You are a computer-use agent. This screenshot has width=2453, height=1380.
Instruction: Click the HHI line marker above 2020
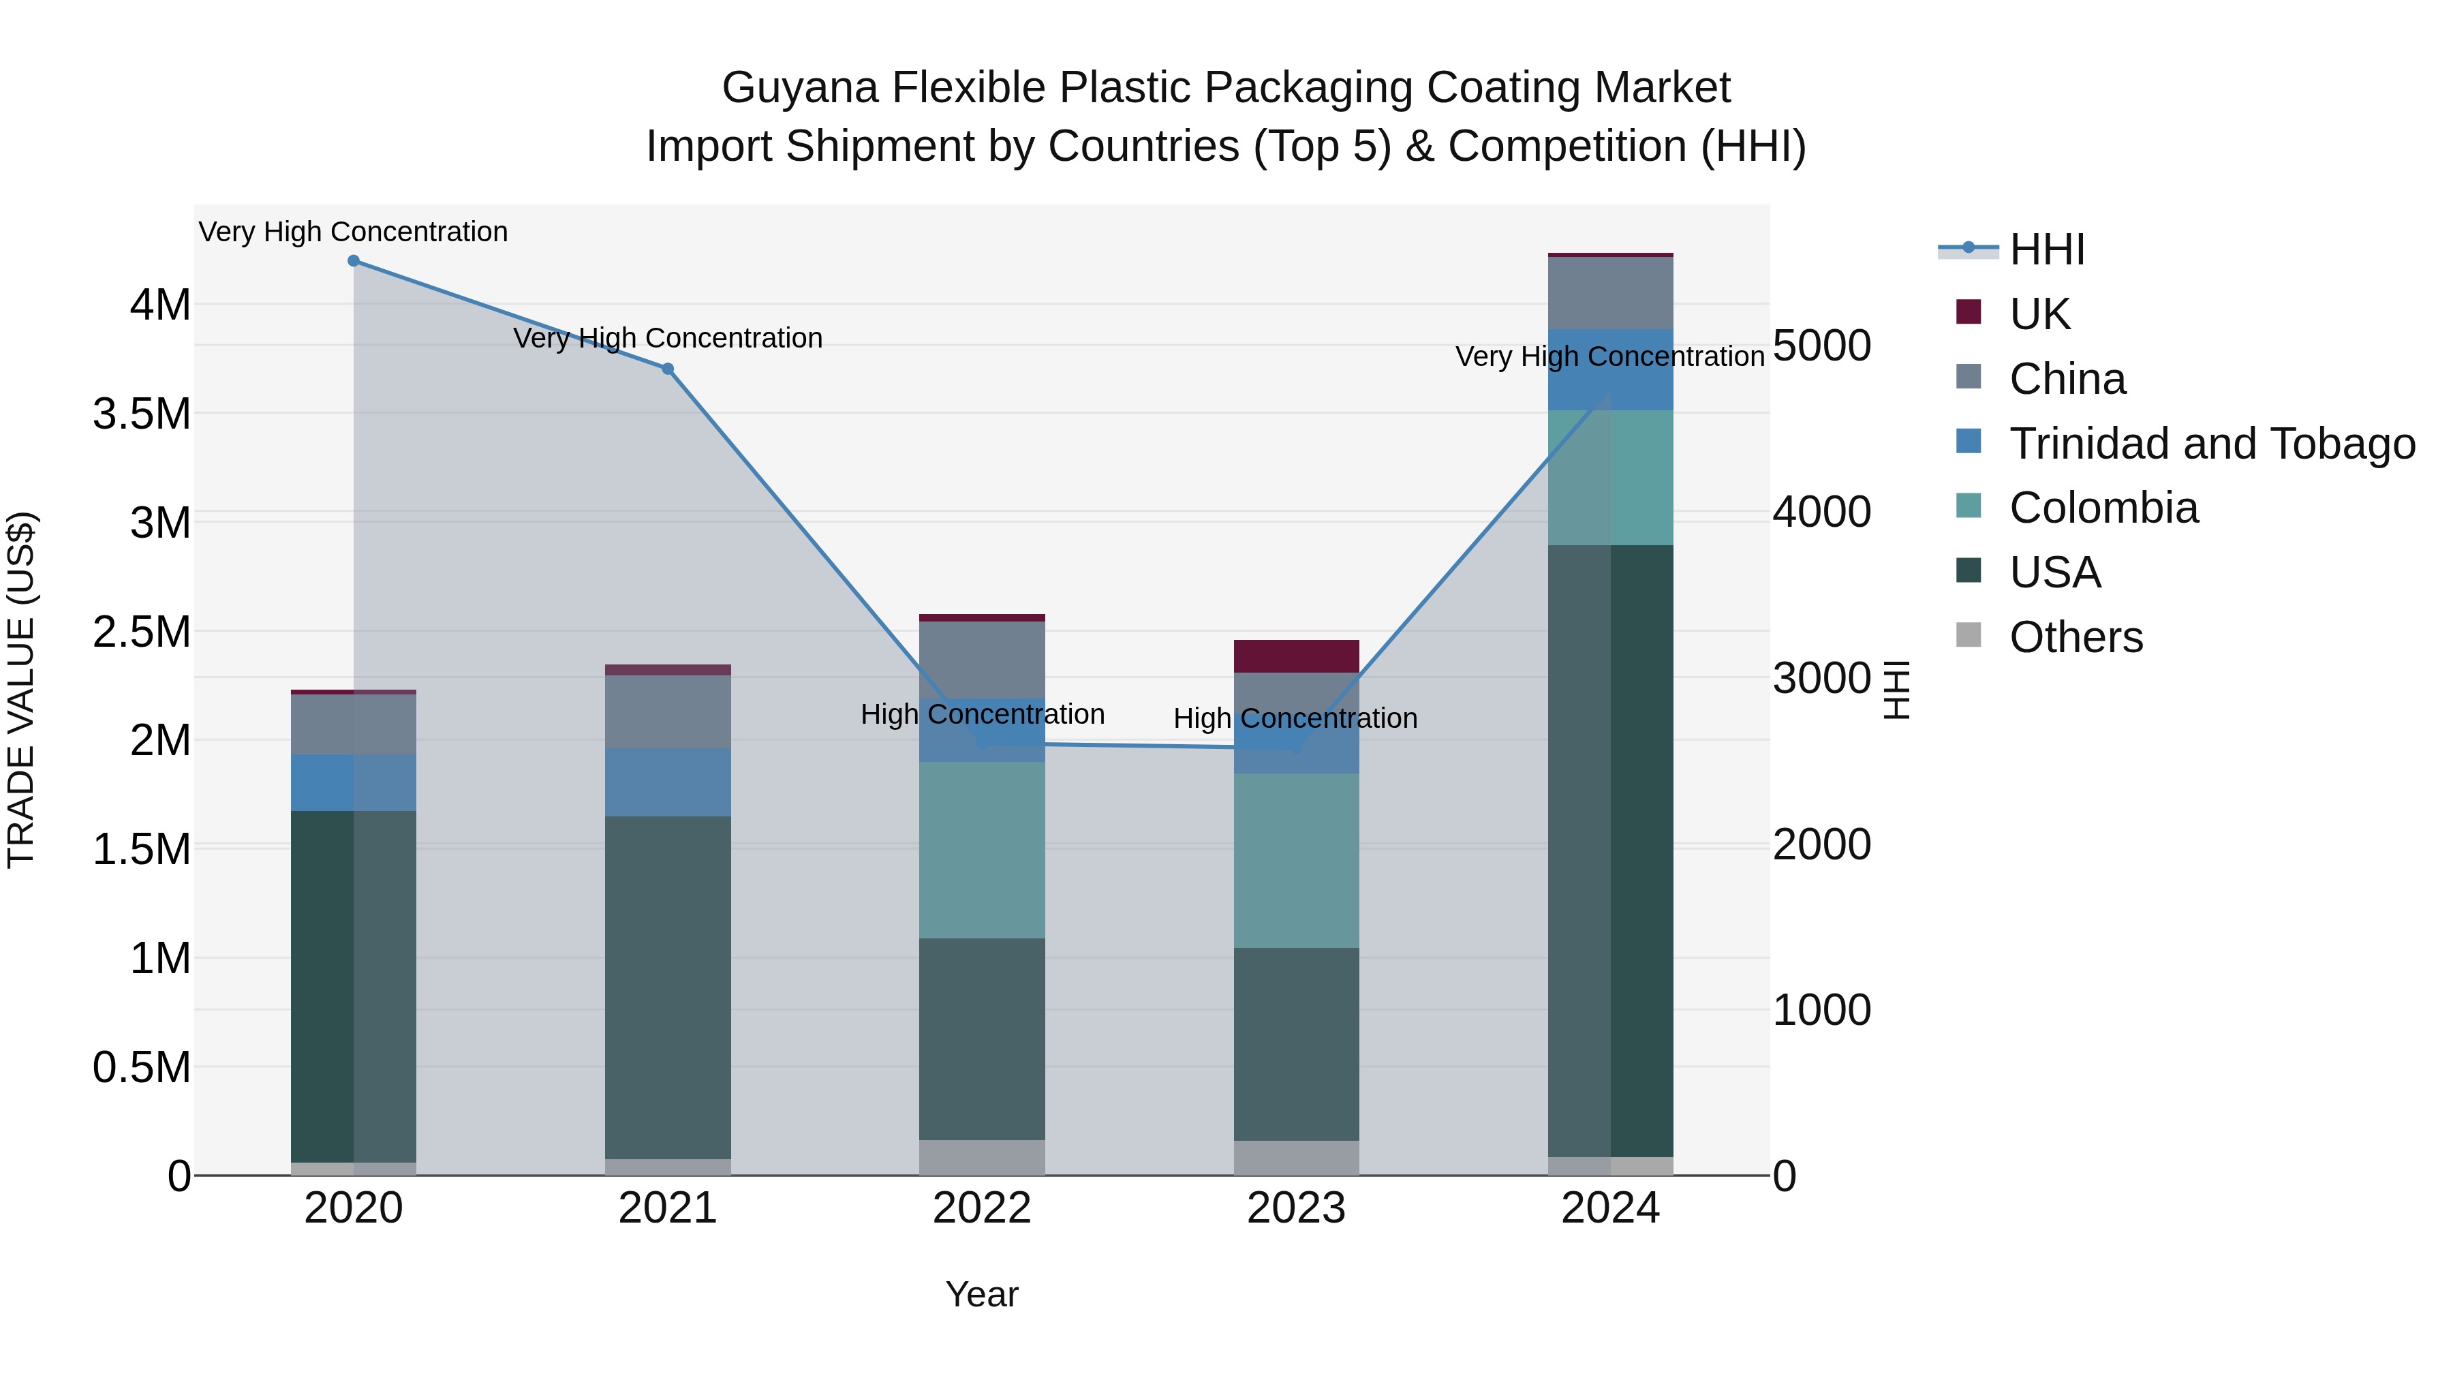point(353,261)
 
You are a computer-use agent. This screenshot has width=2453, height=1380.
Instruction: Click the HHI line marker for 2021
point(668,369)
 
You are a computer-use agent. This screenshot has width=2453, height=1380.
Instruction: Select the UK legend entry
point(2039,314)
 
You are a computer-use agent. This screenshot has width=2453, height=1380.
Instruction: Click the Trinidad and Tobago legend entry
point(2211,444)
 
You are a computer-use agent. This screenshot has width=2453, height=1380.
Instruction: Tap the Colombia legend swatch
point(1969,506)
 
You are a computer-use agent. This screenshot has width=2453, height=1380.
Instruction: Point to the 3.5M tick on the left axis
point(142,414)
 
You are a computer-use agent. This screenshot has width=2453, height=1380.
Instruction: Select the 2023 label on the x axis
point(1296,1208)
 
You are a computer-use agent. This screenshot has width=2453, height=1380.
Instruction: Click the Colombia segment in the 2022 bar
point(982,850)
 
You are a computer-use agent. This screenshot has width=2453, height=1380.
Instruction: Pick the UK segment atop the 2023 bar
point(1296,656)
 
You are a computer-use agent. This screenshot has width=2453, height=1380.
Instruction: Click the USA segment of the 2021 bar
point(668,987)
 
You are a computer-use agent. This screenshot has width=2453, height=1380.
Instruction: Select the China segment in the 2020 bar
point(353,725)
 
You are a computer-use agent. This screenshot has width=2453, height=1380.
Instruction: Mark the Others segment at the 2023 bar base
point(1296,1157)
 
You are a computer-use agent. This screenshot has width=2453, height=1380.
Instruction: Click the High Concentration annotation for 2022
point(982,714)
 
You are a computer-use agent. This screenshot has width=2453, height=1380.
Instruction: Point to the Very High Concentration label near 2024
point(1609,357)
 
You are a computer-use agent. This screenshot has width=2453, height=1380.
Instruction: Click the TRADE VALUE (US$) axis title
point(21,690)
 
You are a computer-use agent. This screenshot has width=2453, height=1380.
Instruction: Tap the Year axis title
point(982,1294)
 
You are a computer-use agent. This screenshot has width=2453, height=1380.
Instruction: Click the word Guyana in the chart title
point(800,88)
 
